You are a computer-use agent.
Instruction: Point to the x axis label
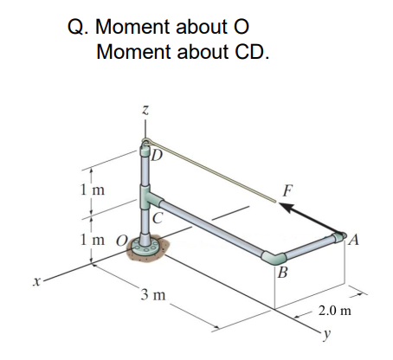tap(35, 281)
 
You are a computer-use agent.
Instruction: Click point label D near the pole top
tap(157, 156)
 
